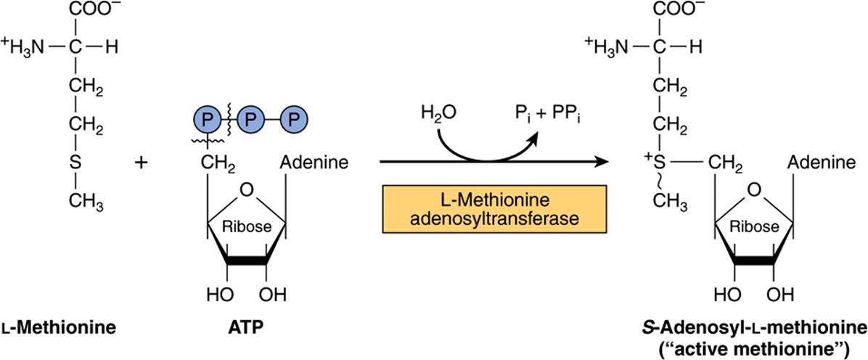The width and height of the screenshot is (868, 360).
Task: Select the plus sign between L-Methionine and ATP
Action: (142, 164)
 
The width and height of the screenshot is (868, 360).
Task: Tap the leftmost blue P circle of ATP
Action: (207, 119)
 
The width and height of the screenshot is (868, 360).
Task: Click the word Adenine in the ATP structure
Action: (315, 164)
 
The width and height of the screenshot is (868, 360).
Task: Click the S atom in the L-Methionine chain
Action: (76, 164)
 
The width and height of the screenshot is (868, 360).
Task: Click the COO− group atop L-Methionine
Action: (90, 11)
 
